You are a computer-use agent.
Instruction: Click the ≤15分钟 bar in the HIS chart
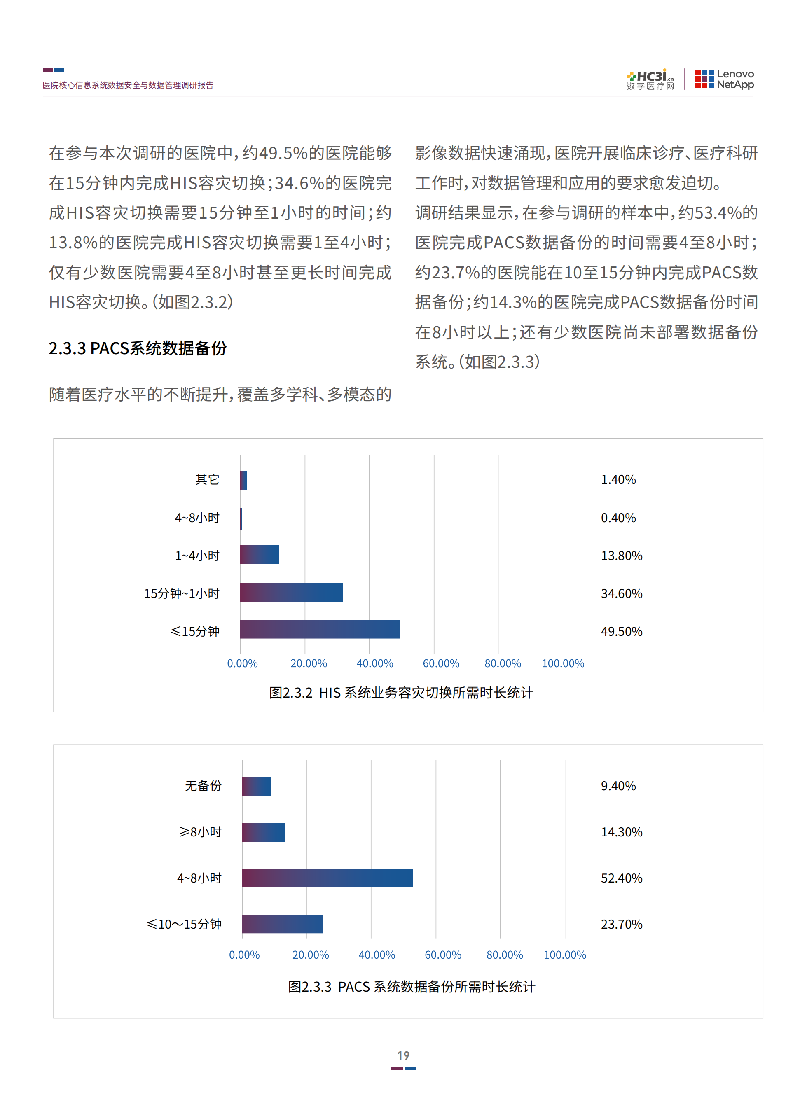pos(320,629)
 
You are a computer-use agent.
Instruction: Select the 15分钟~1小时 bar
pos(291,592)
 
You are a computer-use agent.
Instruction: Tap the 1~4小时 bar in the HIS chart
pos(260,555)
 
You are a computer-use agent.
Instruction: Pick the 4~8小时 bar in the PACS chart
pos(327,878)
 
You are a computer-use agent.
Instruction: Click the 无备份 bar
pos(257,786)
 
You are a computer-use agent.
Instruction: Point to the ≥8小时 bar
pos(263,832)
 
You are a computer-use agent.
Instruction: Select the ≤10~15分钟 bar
pos(282,924)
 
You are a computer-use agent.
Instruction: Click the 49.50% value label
pos(621,631)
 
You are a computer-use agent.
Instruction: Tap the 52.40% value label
pos(621,878)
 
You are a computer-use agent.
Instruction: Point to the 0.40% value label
pos(618,518)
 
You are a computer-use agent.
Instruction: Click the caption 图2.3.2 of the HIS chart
pos(401,693)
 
